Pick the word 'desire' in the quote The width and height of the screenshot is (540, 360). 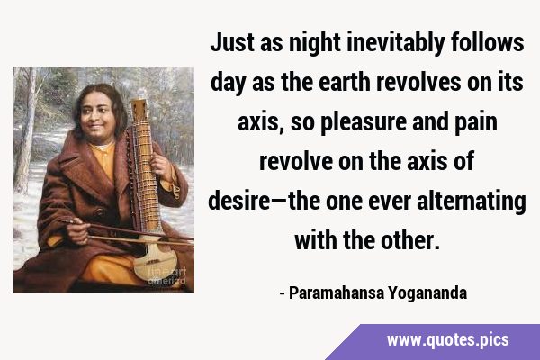click(x=239, y=202)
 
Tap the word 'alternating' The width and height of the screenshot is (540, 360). click(x=471, y=202)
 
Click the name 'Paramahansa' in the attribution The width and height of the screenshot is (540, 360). click(x=337, y=293)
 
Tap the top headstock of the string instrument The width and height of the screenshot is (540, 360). click(x=139, y=108)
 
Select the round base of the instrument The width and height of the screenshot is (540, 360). click(x=154, y=262)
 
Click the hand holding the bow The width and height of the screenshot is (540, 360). click(x=76, y=229)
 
